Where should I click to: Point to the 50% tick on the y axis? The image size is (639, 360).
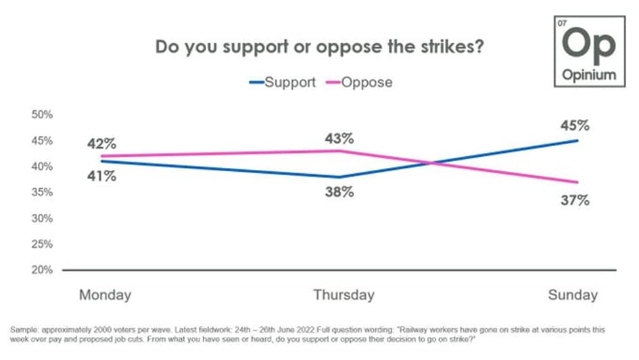coord(43,114)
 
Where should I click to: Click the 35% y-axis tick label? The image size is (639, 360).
coord(43,192)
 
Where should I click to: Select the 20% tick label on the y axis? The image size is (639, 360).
coord(43,270)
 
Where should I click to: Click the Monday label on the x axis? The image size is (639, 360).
coord(105,295)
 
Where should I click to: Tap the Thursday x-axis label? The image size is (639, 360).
coord(344,295)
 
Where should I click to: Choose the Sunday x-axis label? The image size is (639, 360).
coord(573,295)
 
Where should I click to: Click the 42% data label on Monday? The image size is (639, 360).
coord(101,143)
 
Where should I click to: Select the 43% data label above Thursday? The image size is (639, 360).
coord(339,139)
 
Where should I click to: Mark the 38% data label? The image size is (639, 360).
coord(339,192)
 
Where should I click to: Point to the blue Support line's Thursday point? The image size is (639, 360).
coord(340,177)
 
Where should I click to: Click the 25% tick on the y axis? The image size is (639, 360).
coord(43,244)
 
